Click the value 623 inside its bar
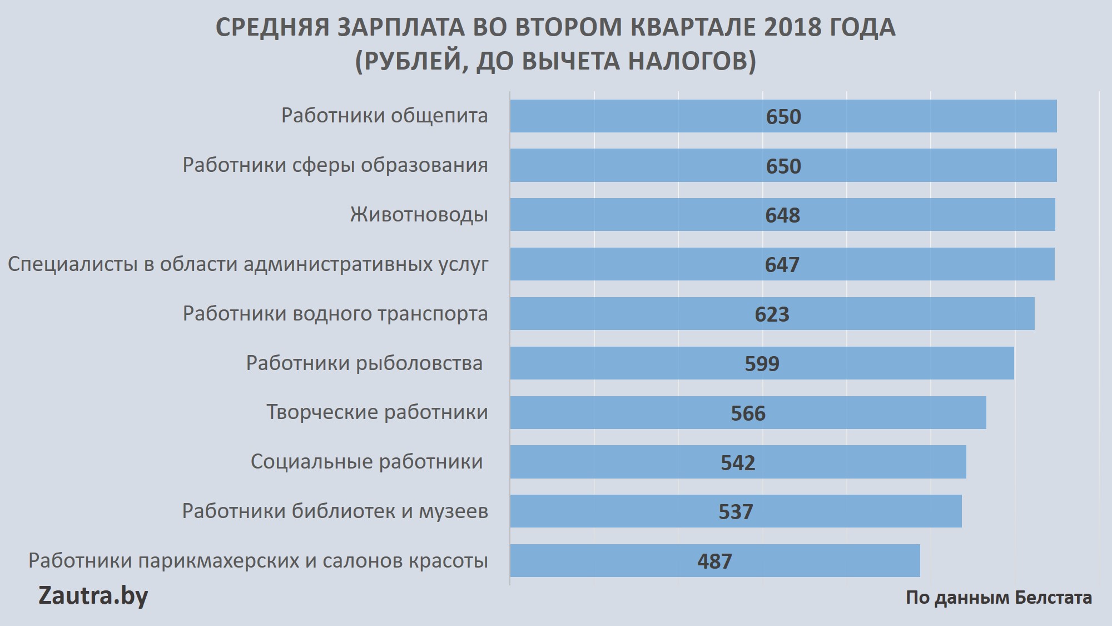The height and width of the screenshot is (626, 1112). point(772,314)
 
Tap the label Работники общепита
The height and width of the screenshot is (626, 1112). point(384,116)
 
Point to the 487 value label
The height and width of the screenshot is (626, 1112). point(714,561)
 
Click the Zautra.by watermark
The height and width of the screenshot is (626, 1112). point(93,596)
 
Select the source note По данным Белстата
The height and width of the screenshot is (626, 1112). point(999,598)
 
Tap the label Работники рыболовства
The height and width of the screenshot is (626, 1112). point(364,363)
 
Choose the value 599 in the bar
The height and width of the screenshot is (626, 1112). point(762,364)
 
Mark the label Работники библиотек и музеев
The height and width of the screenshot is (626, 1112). point(335,511)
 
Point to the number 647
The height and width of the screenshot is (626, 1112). point(782,265)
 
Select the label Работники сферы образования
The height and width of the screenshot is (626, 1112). point(335,165)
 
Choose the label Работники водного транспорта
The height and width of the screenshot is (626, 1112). point(335,314)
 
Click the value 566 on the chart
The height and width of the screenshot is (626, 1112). point(748,413)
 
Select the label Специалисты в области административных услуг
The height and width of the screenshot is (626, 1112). point(248,264)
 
